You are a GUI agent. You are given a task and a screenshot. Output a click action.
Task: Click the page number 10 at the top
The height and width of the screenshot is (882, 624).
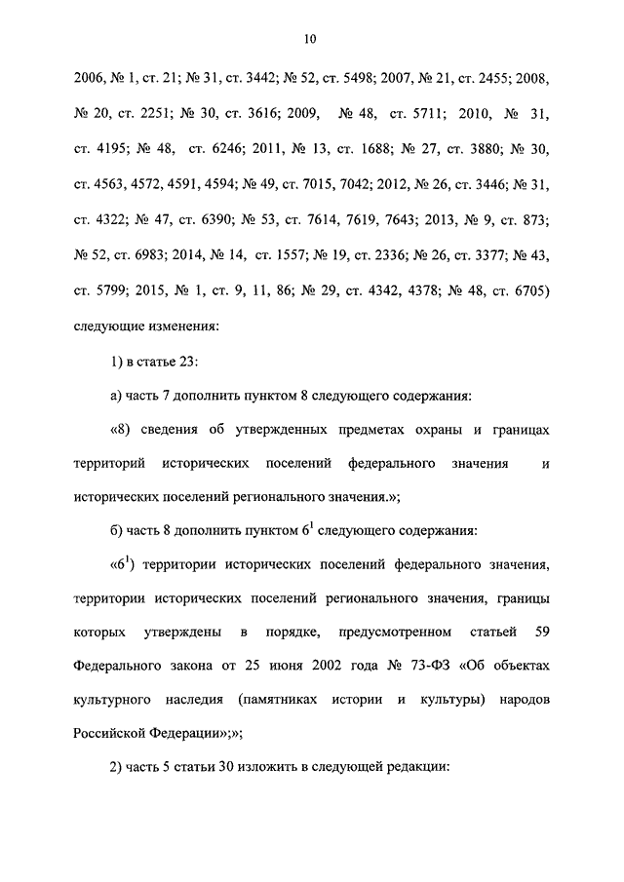tap(309, 39)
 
